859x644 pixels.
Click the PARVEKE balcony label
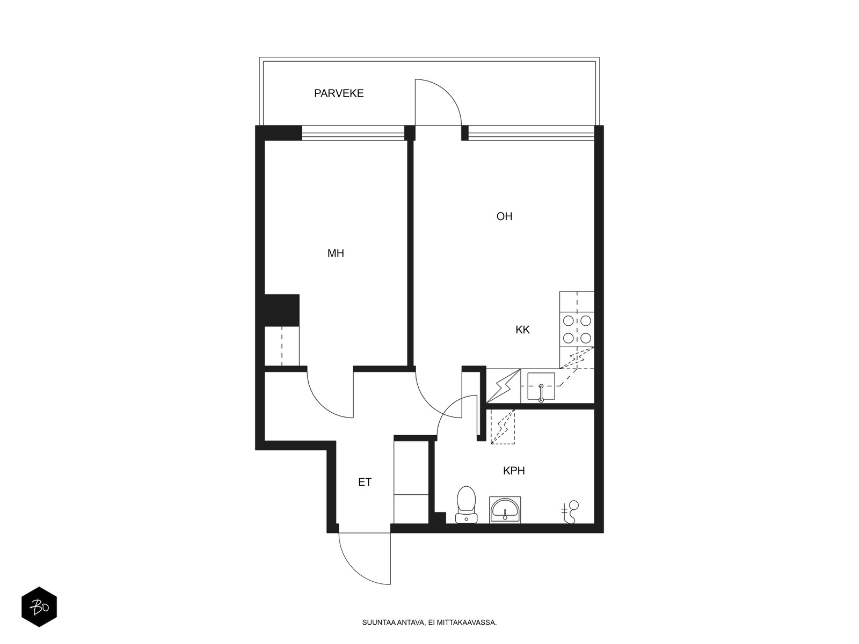pyautogui.click(x=339, y=93)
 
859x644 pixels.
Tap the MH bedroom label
pyautogui.click(x=336, y=253)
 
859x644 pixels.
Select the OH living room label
pyautogui.click(x=504, y=216)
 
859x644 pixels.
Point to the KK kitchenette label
pyautogui.click(x=522, y=330)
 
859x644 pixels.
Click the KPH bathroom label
pyautogui.click(x=514, y=471)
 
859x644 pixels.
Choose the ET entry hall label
pyautogui.click(x=365, y=482)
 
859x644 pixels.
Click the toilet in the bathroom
pyautogui.click(x=466, y=504)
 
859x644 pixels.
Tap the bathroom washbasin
pyautogui.click(x=505, y=510)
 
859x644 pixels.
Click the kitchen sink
pyautogui.click(x=541, y=386)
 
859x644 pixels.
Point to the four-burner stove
pyautogui.click(x=577, y=329)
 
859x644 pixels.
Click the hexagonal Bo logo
pyautogui.click(x=39, y=607)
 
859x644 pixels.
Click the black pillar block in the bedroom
pyautogui.click(x=282, y=310)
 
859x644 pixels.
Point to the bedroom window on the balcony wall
pyautogui.click(x=353, y=133)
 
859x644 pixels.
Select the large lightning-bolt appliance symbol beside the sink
pyautogui.click(x=503, y=385)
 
